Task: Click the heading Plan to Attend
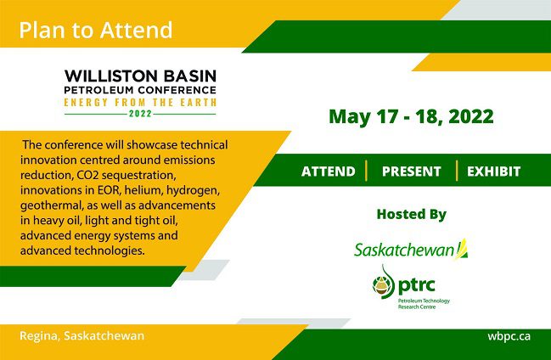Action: (96, 30)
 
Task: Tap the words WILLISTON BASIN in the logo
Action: (140, 76)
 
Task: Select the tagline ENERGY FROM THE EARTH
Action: (140, 103)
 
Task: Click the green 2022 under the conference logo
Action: (140, 114)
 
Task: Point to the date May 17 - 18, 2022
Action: (411, 116)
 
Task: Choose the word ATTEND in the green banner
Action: (329, 172)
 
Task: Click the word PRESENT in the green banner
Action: (412, 172)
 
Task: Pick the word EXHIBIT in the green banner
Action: (494, 172)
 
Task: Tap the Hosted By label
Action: (412, 214)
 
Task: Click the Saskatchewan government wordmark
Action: (404, 250)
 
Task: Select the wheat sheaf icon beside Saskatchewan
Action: (462, 249)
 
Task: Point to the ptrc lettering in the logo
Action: (417, 285)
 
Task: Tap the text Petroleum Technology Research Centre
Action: (424, 304)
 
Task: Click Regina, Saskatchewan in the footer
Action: (82, 335)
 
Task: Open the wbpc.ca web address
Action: (509, 336)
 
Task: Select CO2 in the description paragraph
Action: (87, 175)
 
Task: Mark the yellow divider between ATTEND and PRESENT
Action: (367, 171)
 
